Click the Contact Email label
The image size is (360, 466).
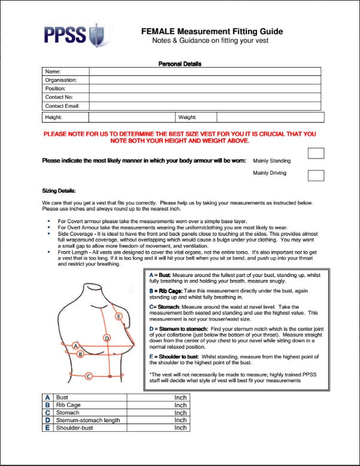click(x=62, y=105)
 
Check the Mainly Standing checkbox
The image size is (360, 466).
click(x=315, y=153)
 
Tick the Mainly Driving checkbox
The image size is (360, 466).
click(x=315, y=175)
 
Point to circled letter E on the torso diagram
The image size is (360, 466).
click(x=119, y=316)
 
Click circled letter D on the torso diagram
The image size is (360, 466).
click(x=106, y=338)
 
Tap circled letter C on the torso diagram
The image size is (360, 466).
click(x=89, y=376)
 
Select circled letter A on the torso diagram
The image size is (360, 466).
click(x=75, y=345)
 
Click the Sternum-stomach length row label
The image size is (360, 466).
click(x=88, y=420)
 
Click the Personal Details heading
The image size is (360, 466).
click(x=179, y=63)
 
